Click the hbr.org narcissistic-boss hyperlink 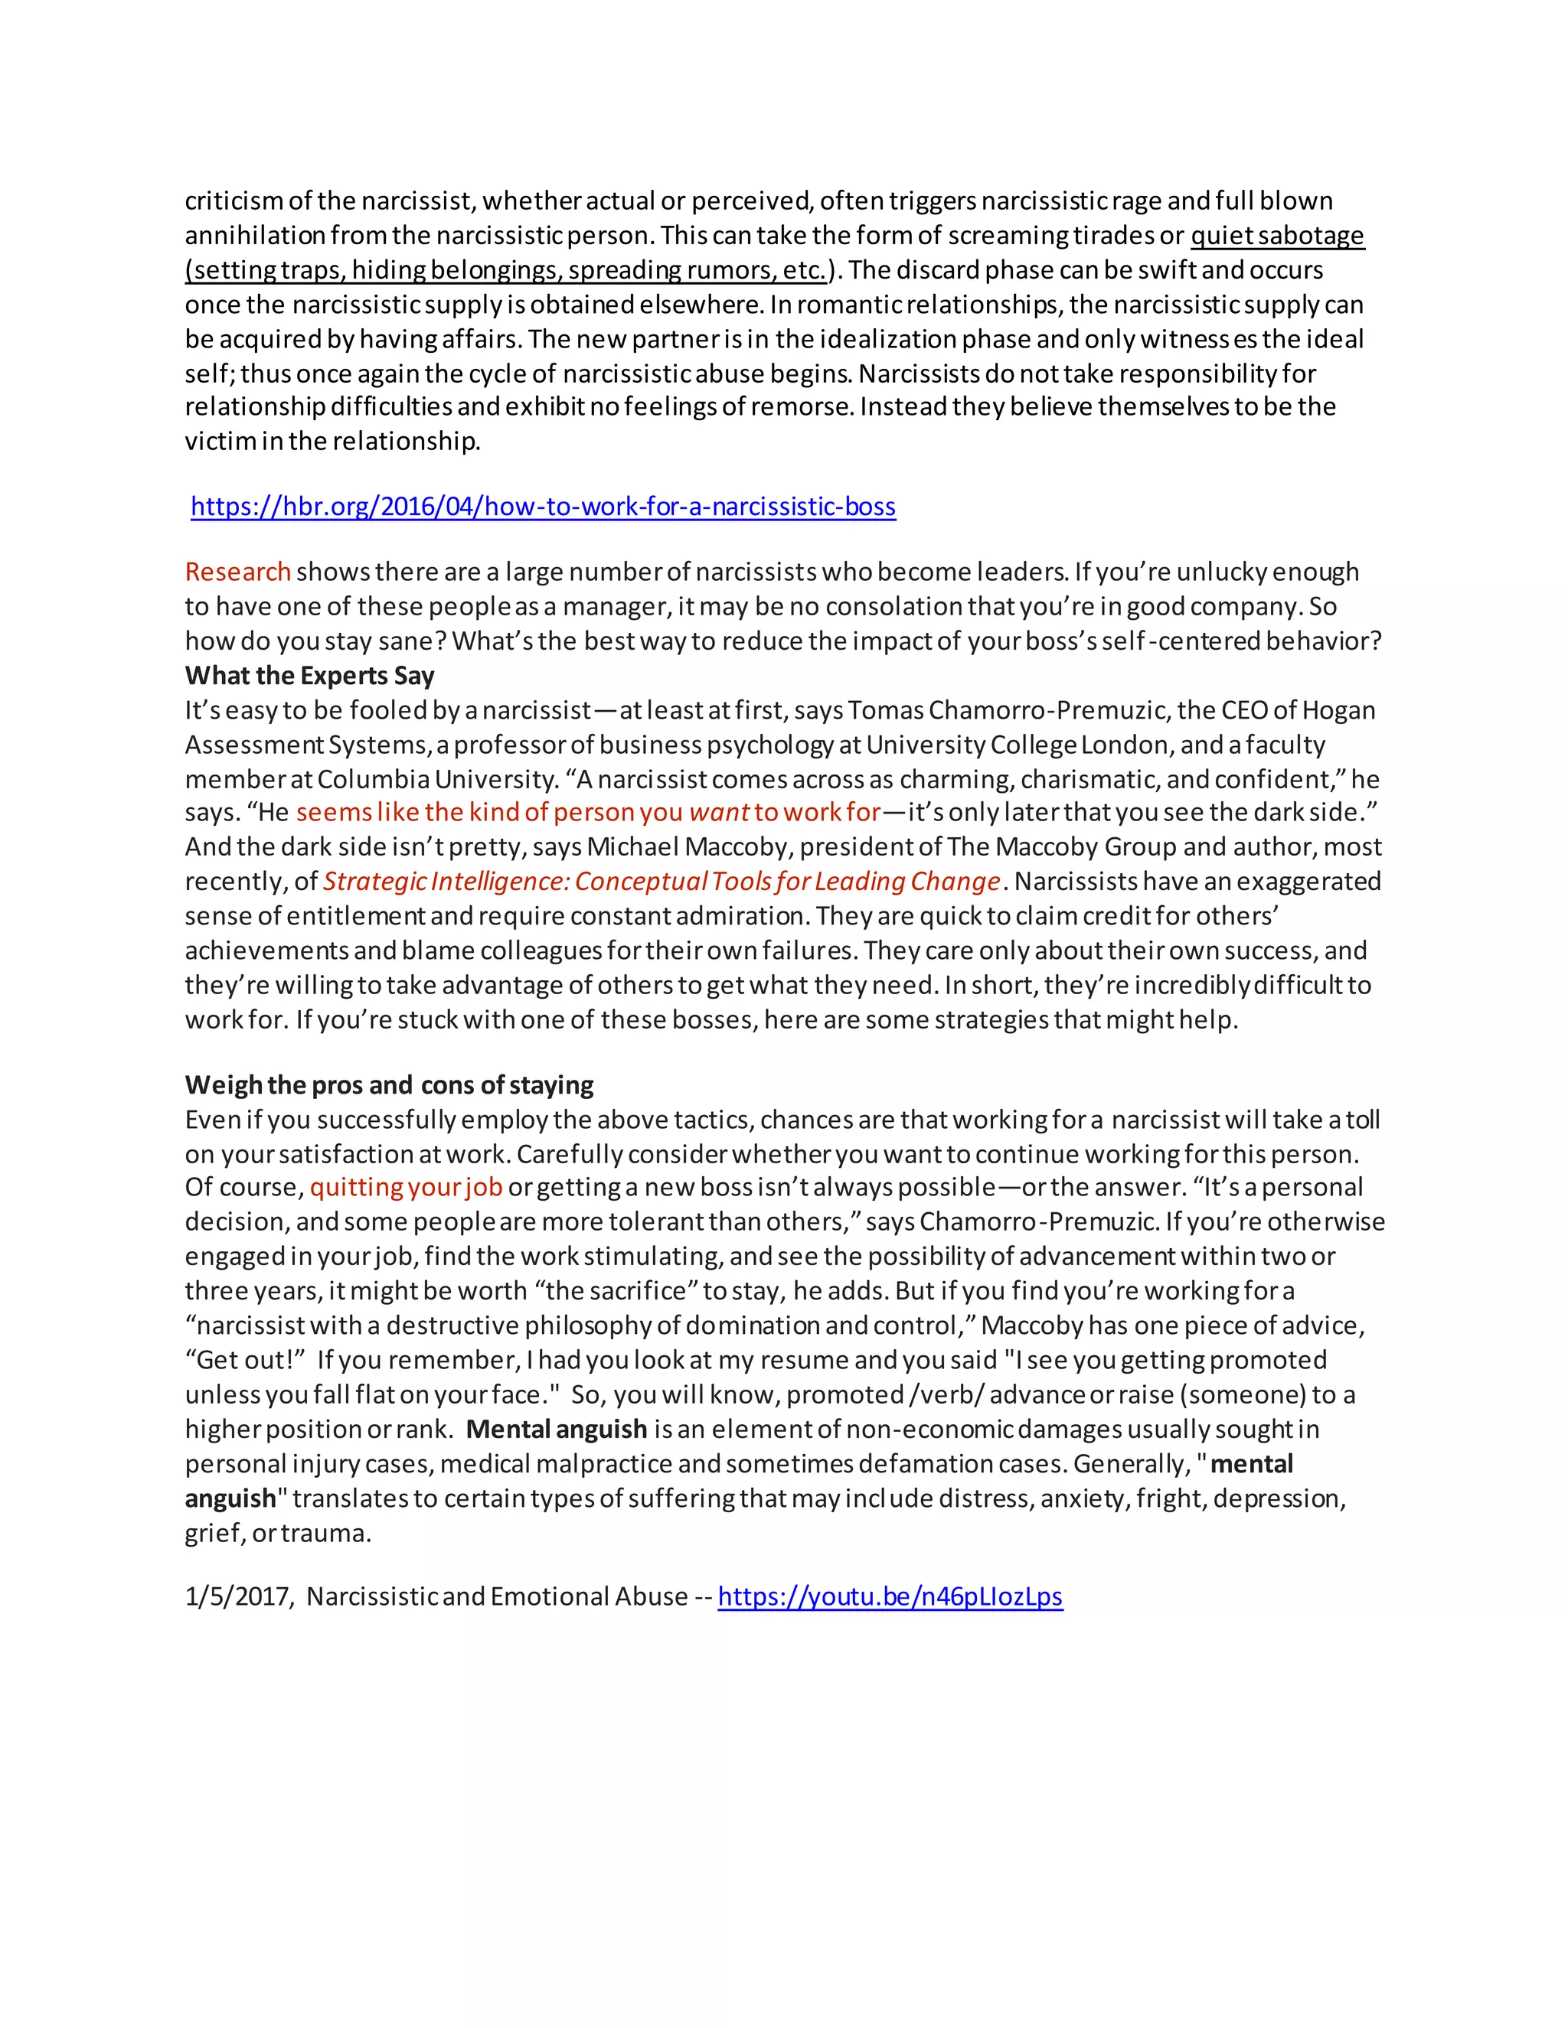pyautogui.click(x=544, y=507)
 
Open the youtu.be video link pyautogui.click(x=890, y=1596)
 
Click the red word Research pyautogui.click(x=238, y=572)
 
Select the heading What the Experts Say pyautogui.click(x=309, y=676)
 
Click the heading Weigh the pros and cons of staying pyautogui.click(x=389, y=1085)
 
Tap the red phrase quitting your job pyautogui.click(x=406, y=1188)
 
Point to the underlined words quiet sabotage pyautogui.click(x=1277, y=236)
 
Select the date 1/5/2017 pyautogui.click(x=239, y=1596)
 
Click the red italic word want pyautogui.click(x=718, y=813)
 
